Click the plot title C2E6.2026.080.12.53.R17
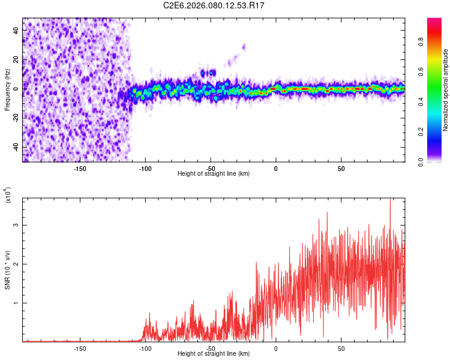coord(214,5)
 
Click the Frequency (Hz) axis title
coord(7,90)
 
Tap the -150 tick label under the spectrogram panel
coord(80,169)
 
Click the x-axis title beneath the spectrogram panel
coord(214,174)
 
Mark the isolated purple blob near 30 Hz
coord(244,46)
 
